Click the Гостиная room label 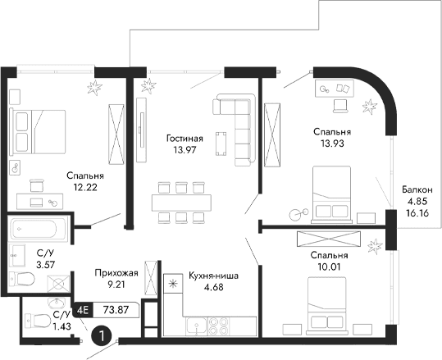click(x=185, y=139)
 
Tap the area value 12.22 click(x=85, y=187)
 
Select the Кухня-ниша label click(x=214, y=276)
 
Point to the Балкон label click(x=417, y=189)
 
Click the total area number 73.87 click(x=116, y=310)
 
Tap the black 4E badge click(x=82, y=310)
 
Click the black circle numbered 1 click(x=101, y=335)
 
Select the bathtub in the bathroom click(x=38, y=229)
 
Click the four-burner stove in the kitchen click(x=218, y=326)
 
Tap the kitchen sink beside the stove click(x=197, y=326)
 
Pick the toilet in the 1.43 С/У click(x=37, y=321)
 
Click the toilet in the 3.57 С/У click(x=21, y=279)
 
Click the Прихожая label click(x=116, y=273)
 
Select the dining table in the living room click(x=181, y=203)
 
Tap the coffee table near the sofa click(x=221, y=144)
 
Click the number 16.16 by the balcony click(x=417, y=213)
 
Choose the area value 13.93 click(x=332, y=144)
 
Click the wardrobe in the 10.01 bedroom click(x=329, y=239)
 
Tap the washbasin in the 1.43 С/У click(x=57, y=303)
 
